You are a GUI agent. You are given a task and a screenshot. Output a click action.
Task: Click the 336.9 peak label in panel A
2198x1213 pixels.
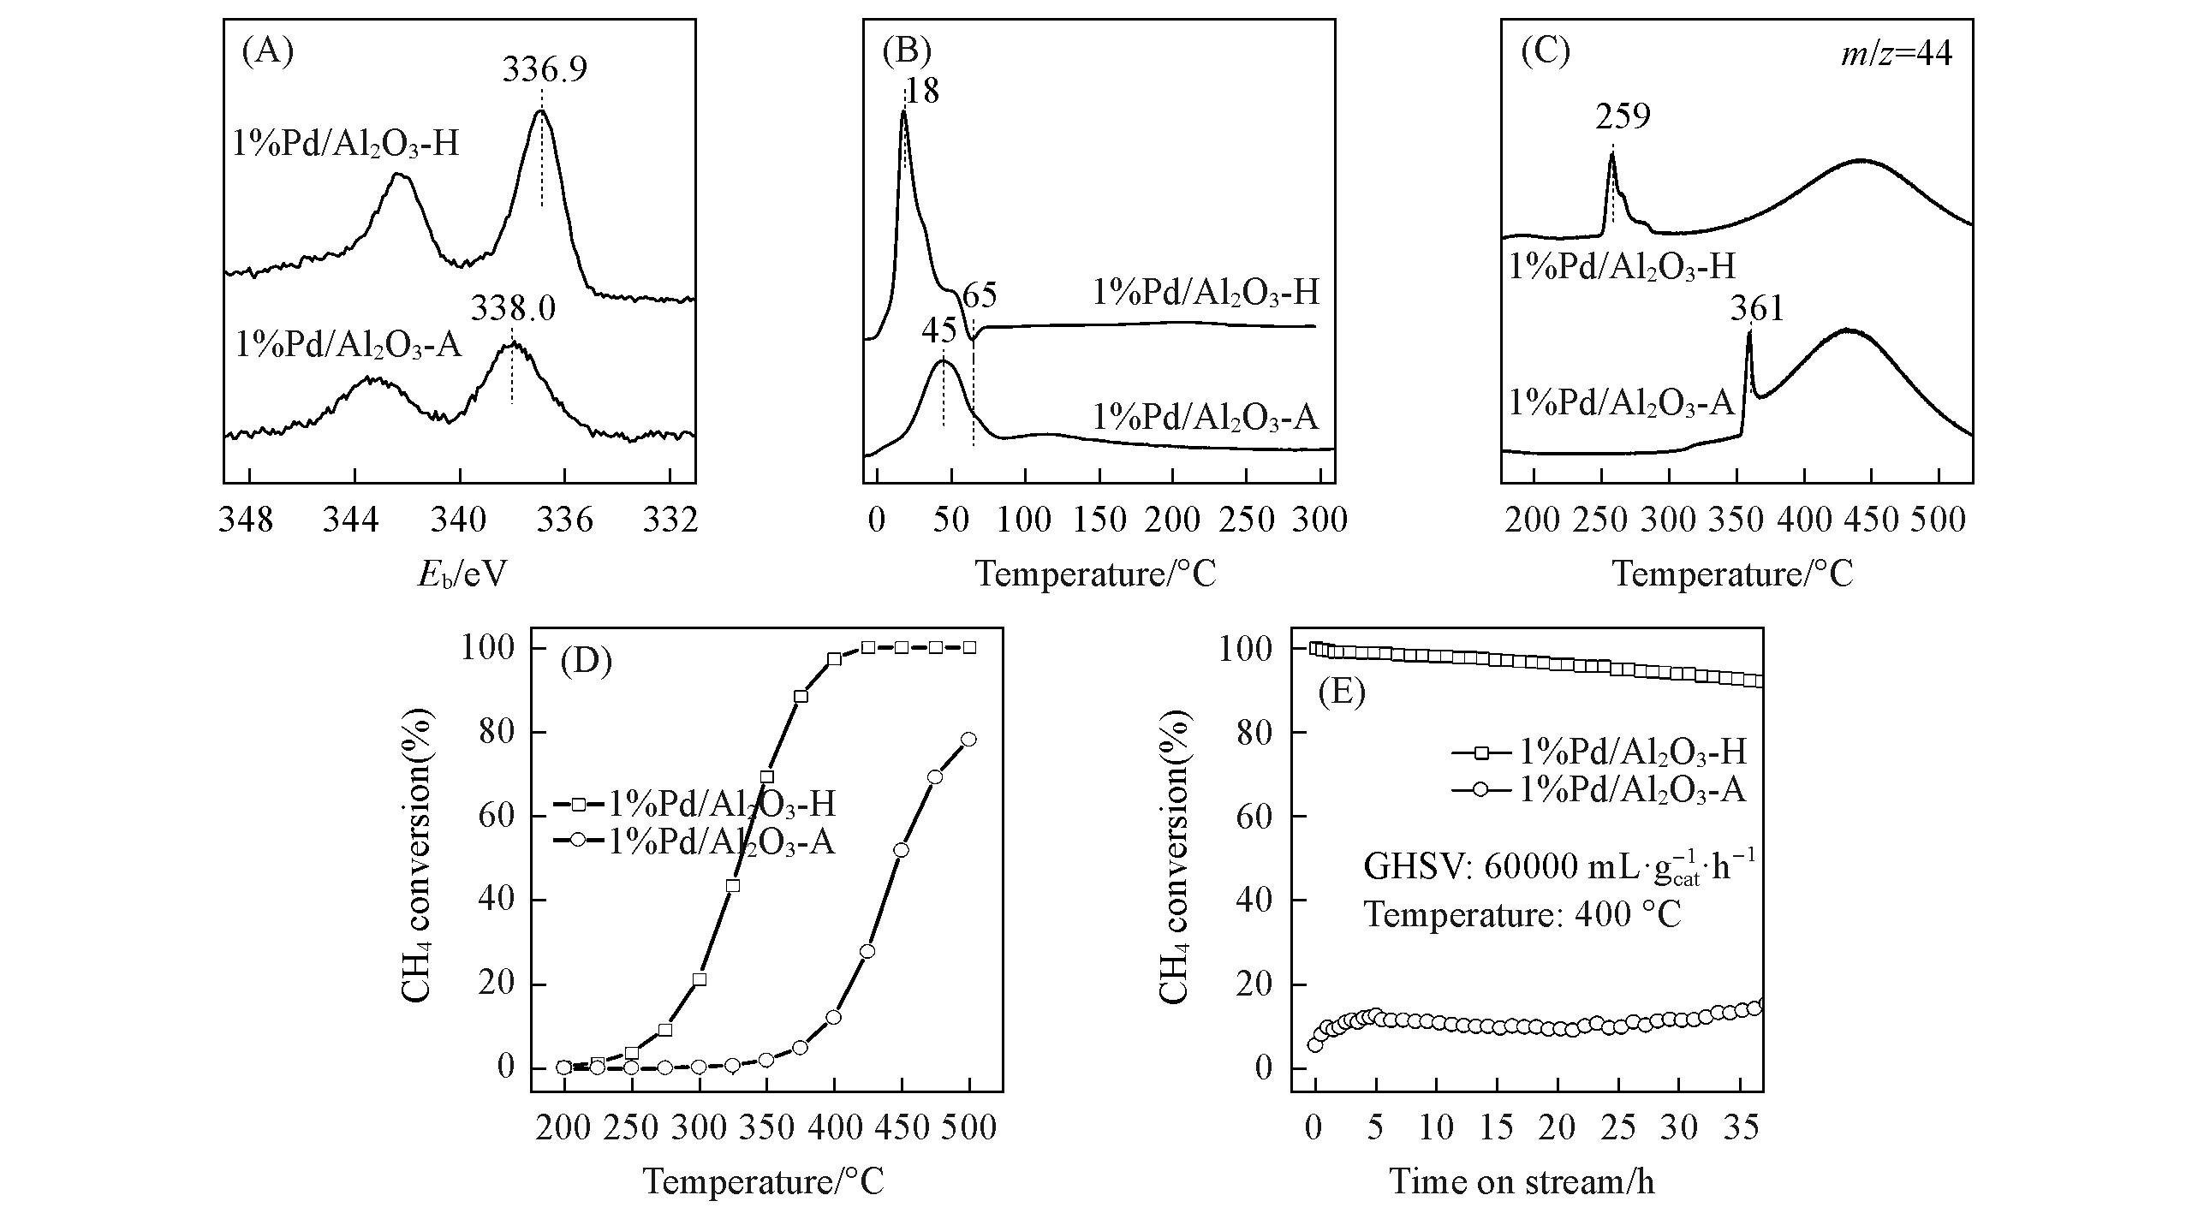(545, 69)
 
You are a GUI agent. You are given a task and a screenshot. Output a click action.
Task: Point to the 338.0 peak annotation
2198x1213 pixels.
(512, 308)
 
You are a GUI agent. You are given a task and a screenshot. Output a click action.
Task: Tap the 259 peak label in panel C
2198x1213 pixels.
(1622, 116)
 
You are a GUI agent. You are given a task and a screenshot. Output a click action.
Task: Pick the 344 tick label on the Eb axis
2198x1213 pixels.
(352, 520)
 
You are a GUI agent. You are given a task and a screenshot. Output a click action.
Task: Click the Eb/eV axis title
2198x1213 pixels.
(462, 574)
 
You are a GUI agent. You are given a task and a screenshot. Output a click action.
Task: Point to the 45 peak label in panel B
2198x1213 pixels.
(939, 330)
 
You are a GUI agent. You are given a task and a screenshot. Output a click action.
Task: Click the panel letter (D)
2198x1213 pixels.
(587, 662)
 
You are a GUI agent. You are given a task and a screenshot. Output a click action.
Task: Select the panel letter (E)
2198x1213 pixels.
(1342, 691)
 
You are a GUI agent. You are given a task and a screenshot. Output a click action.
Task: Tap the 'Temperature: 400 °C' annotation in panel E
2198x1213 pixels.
(1522, 915)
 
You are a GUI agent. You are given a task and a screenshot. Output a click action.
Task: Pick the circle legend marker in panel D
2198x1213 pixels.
(579, 840)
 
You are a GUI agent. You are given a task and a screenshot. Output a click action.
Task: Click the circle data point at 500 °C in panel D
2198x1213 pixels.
(968, 740)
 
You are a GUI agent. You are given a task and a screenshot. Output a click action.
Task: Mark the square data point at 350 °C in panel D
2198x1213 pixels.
(766, 777)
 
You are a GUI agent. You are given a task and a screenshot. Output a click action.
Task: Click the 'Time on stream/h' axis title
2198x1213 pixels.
(1522, 1182)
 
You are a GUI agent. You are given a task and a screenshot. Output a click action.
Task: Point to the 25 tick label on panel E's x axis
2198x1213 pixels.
(1618, 1128)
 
